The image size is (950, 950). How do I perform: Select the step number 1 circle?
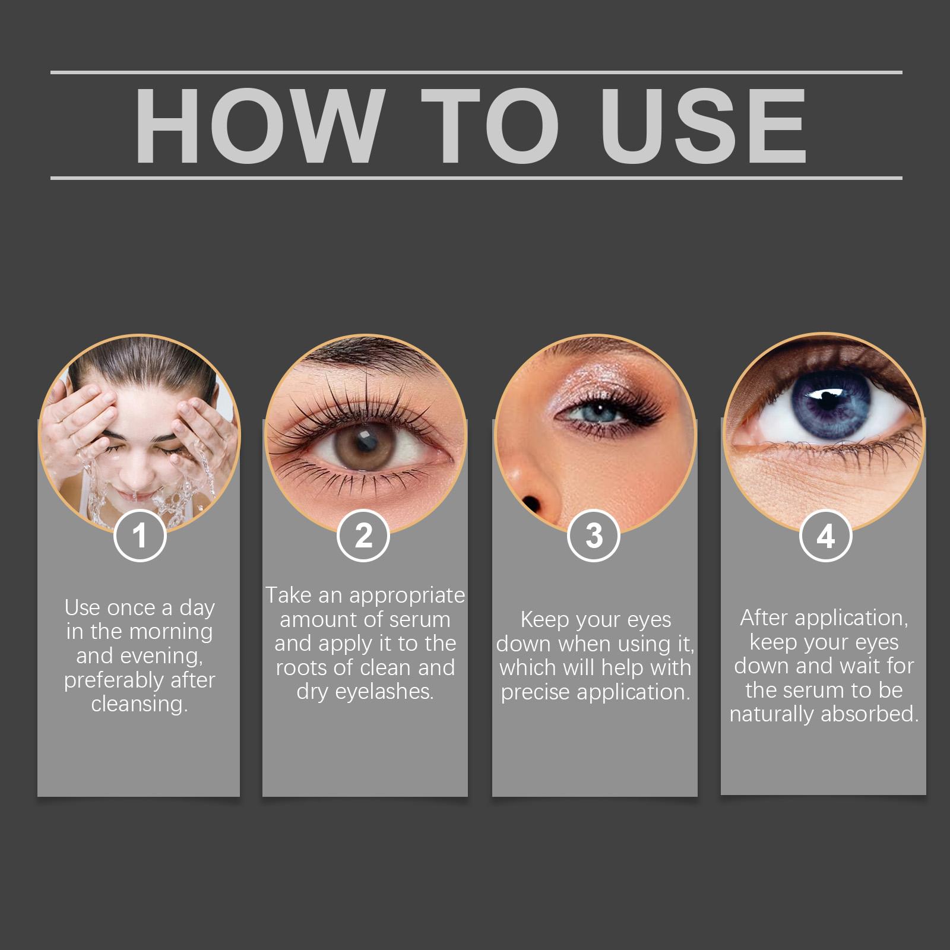(140, 536)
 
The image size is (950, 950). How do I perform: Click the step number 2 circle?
(363, 536)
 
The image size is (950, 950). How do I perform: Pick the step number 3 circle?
(594, 536)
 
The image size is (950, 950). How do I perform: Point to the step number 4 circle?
(825, 536)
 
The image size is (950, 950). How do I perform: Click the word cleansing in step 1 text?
(140, 705)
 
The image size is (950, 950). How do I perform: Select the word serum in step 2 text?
(421, 620)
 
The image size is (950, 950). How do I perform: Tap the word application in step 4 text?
(851, 619)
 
